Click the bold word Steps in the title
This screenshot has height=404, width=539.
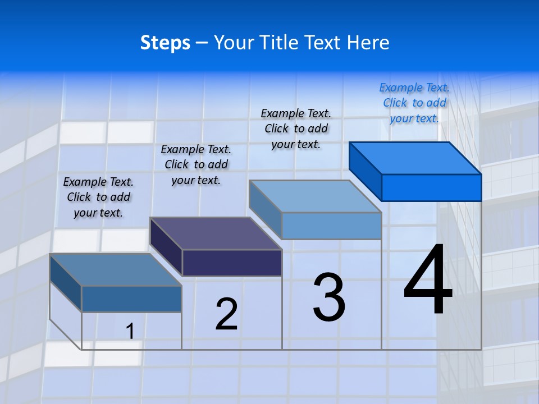[x=165, y=43]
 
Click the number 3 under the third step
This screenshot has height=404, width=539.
[x=329, y=297]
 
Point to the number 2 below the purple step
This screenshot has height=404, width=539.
[x=226, y=314]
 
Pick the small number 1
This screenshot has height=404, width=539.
[x=130, y=331]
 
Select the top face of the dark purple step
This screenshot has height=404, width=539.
[x=216, y=233]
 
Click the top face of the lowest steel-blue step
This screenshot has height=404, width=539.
[x=116, y=270]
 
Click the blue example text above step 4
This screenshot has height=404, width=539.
[x=414, y=103]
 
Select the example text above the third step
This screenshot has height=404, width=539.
[x=296, y=128]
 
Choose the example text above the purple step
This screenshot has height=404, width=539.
[x=196, y=164]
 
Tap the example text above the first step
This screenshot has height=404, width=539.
[x=98, y=197]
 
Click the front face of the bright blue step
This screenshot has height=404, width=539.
[x=431, y=187]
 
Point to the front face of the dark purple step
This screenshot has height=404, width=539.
[x=232, y=263]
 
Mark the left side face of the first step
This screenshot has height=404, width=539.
[x=66, y=283]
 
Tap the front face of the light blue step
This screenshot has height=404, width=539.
[x=331, y=226]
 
